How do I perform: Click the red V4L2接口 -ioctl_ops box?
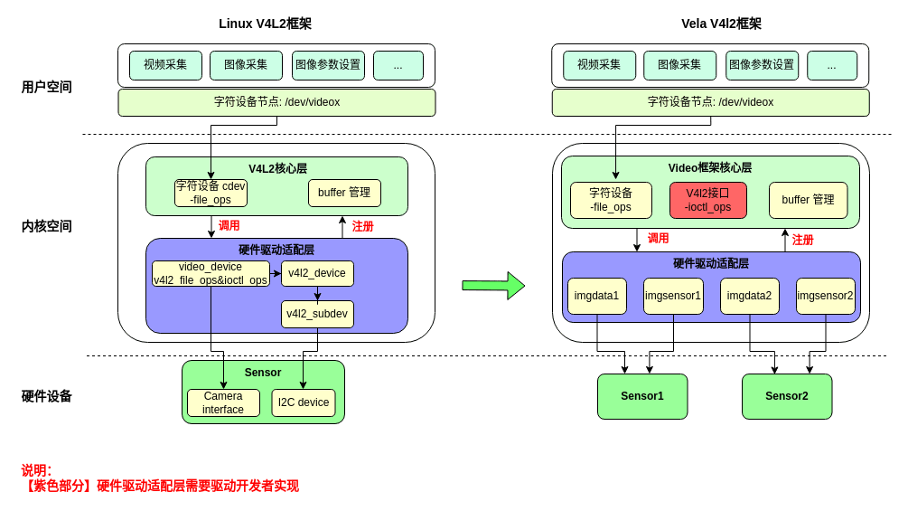[708, 200]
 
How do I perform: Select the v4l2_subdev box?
[317, 314]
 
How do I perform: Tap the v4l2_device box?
[317, 273]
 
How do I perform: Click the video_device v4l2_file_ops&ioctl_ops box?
[211, 273]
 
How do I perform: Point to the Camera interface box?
[223, 402]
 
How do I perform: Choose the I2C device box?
[304, 402]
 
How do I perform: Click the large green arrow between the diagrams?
[493, 285]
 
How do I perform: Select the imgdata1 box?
[597, 296]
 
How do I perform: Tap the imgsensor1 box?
[673, 296]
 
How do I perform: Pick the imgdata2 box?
[750, 296]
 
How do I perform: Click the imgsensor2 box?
[826, 296]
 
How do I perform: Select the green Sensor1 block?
[642, 396]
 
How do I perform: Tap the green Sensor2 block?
[787, 396]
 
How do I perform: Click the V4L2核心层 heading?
[277, 168]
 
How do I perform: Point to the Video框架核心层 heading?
[710, 167]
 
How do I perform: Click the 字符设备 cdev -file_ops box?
[211, 193]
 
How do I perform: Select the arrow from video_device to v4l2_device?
[276, 273]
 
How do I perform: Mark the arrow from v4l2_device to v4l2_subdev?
[317, 294]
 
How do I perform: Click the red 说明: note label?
[37, 470]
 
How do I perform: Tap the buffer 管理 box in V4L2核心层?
[344, 193]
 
